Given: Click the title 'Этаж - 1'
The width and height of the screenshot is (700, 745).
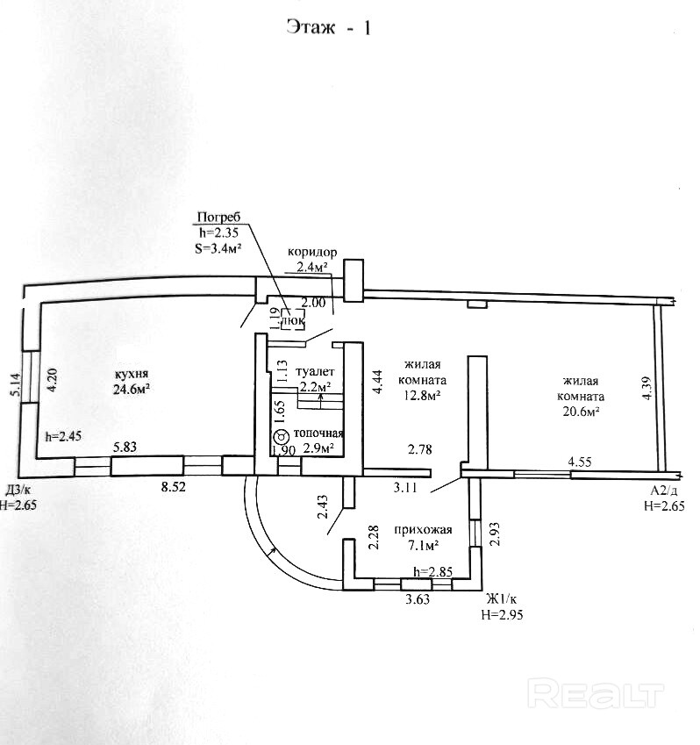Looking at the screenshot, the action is pos(329,27).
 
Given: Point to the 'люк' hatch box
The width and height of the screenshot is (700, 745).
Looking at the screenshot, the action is pos(292,321).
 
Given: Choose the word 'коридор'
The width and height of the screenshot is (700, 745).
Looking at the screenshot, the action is pos(312,251).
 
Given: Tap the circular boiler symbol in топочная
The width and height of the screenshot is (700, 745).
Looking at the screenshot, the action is pos(281,436).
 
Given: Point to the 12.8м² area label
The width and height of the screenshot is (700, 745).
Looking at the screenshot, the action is pos(421,397).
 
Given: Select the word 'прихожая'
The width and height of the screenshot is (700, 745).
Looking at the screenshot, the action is pos(423,530).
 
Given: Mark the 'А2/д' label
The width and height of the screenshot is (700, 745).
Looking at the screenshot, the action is pos(665,491).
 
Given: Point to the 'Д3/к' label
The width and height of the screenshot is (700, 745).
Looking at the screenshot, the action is pos(19,490).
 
